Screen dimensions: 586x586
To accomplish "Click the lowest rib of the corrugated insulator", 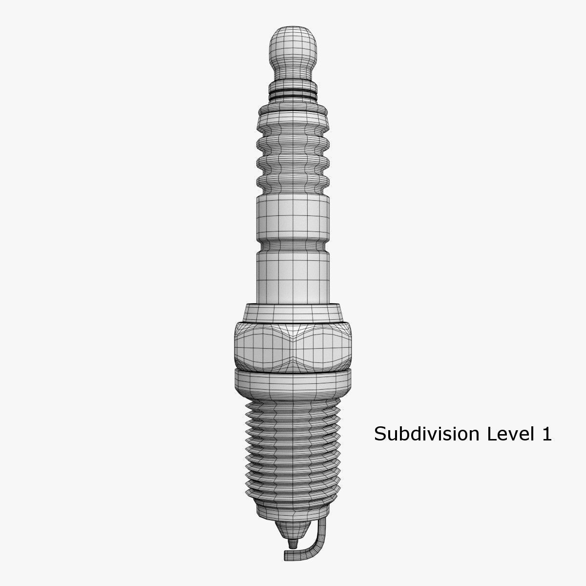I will [293, 182].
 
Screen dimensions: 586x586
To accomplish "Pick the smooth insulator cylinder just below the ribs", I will [293, 217].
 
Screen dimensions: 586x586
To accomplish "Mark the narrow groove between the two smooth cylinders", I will [293, 242].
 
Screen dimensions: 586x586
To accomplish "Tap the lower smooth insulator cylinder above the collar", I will [293, 273].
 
